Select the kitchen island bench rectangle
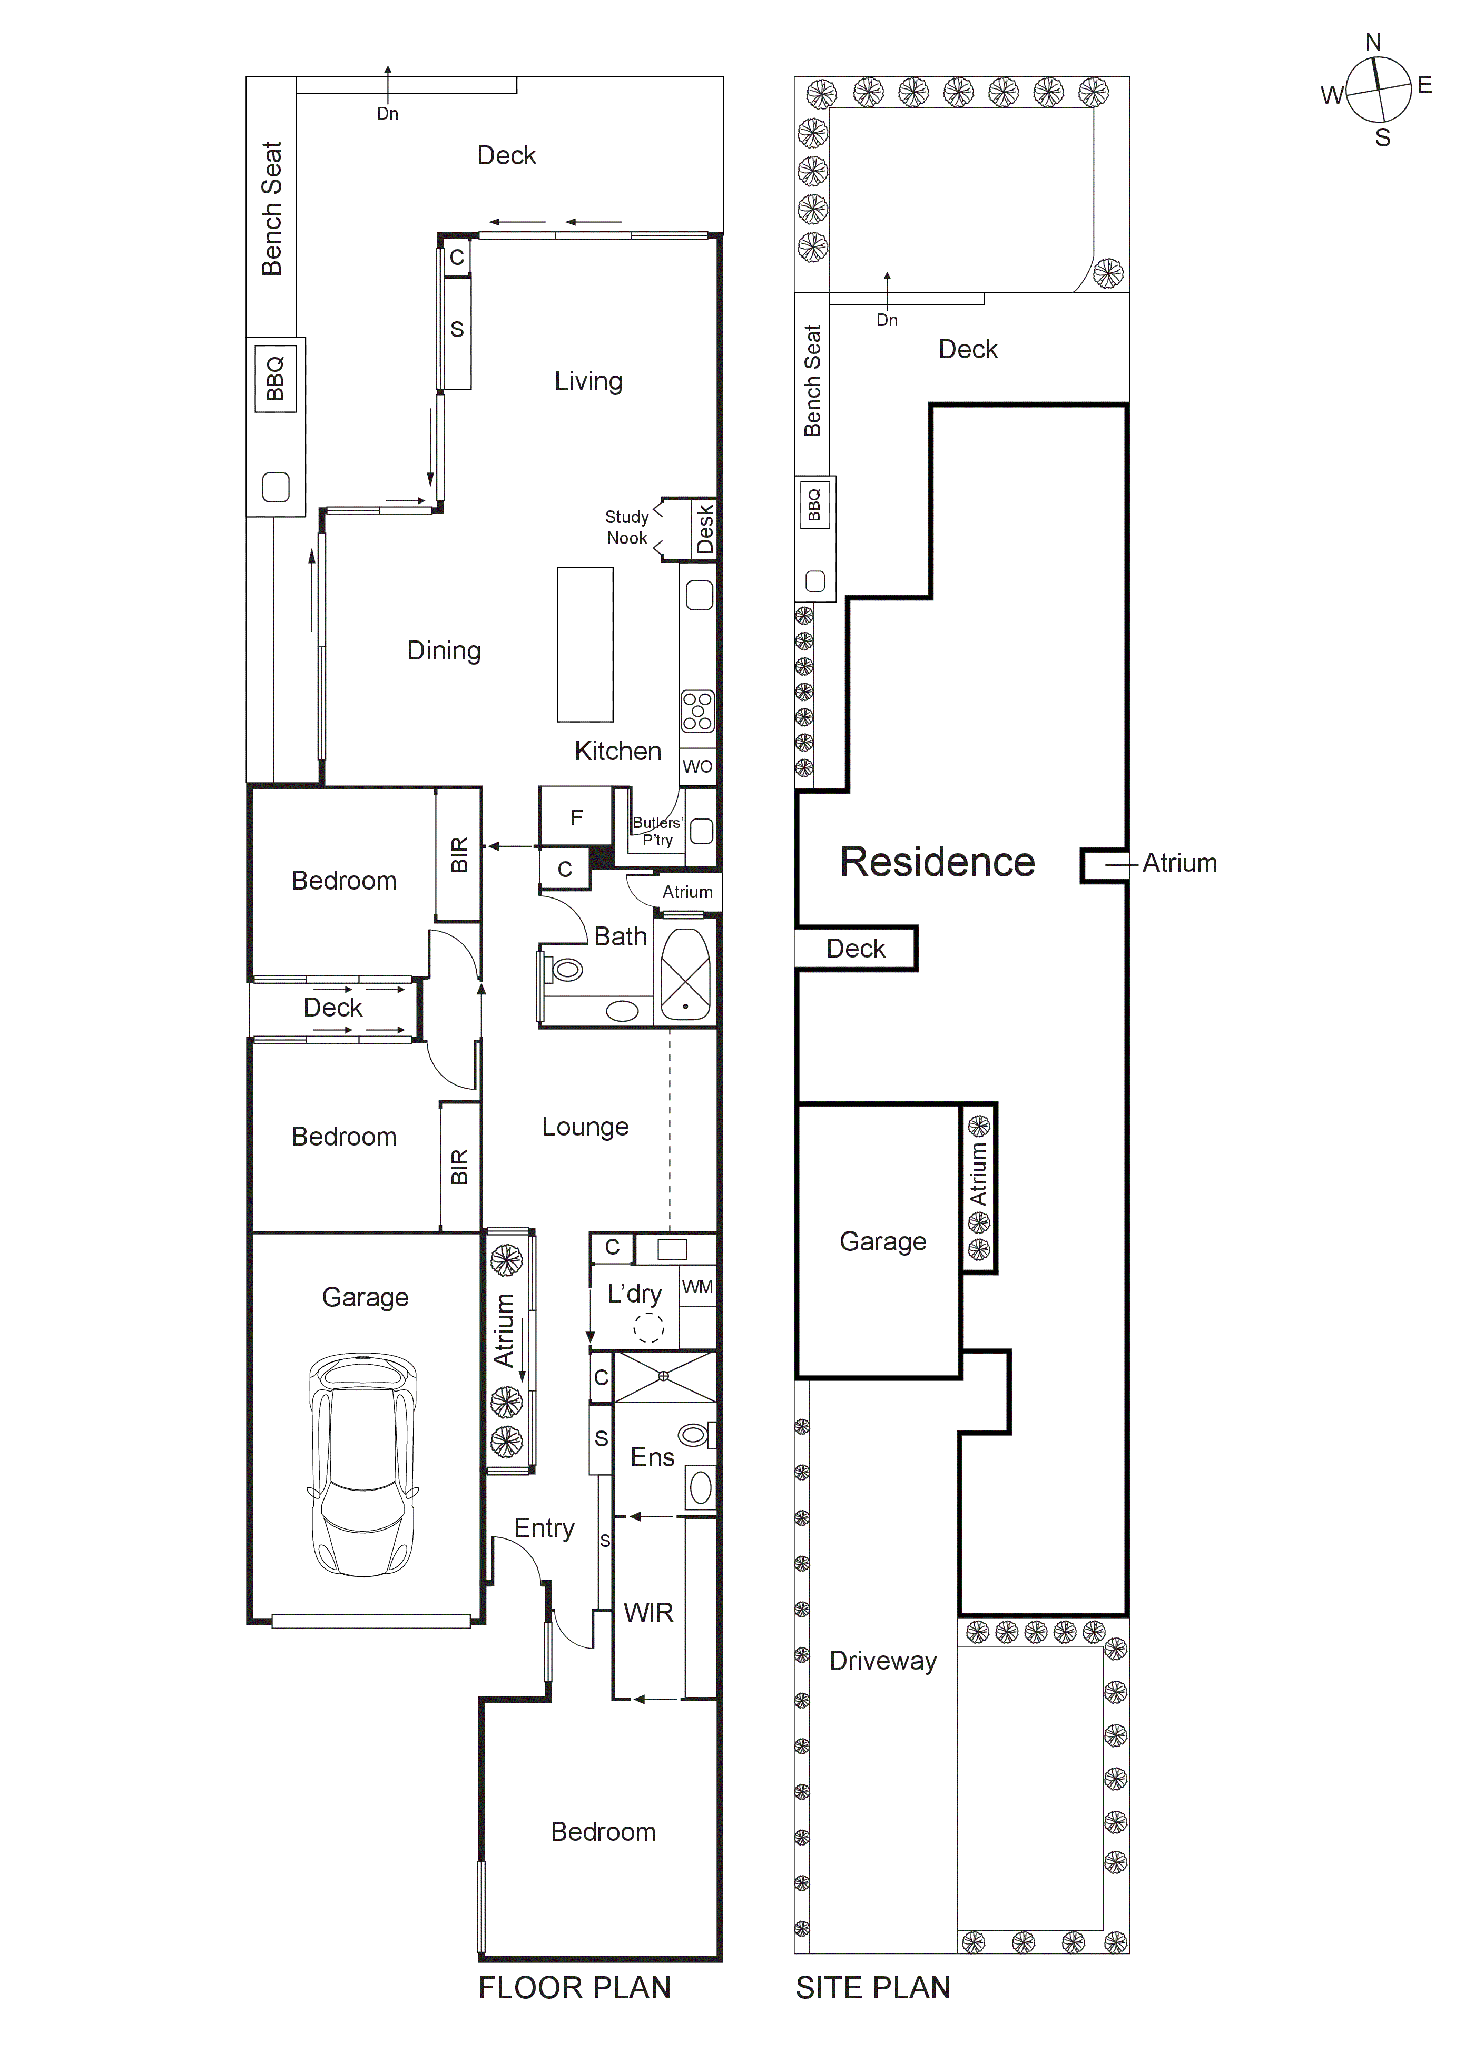pyautogui.click(x=585, y=644)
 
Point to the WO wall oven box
pyautogui.click(x=697, y=766)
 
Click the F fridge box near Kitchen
pyautogui.click(x=576, y=817)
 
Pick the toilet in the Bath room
pyautogui.click(x=565, y=970)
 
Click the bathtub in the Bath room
pyautogui.click(x=685, y=973)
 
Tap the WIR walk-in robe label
pyautogui.click(x=648, y=1613)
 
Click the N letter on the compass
pyautogui.click(x=1373, y=42)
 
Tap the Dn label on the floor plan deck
pyautogui.click(x=387, y=114)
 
